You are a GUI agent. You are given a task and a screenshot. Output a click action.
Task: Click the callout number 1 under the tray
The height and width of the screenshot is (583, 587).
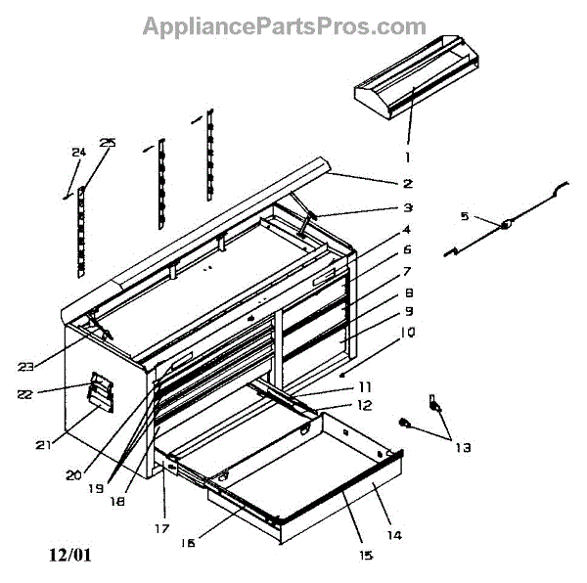408,156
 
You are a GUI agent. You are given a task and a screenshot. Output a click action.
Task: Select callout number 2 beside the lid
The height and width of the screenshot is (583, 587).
408,183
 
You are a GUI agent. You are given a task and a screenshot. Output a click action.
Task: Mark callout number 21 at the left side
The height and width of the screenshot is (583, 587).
41,445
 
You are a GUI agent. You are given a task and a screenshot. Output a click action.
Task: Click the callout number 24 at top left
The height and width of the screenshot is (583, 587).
78,152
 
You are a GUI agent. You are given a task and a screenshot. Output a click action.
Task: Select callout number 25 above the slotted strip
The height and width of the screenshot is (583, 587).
107,143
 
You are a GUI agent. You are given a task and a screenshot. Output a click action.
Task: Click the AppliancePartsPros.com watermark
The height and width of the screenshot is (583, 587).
285,25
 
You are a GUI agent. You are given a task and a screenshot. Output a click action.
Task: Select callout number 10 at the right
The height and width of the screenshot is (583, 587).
408,332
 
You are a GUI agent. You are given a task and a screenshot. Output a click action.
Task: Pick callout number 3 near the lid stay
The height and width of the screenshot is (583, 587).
408,207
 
